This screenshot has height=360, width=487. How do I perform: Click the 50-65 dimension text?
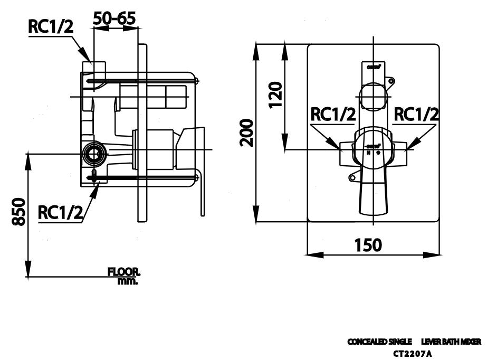click(x=114, y=18)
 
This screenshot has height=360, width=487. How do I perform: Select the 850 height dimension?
click(x=20, y=212)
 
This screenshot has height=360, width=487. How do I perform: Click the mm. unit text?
click(x=128, y=281)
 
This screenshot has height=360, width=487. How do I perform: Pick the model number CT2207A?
click(x=414, y=352)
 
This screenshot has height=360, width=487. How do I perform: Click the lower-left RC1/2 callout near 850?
click(x=61, y=212)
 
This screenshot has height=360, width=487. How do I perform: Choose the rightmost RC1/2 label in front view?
click(x=417, y=115)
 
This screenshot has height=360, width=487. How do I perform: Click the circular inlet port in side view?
click(x=94, y=153)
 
